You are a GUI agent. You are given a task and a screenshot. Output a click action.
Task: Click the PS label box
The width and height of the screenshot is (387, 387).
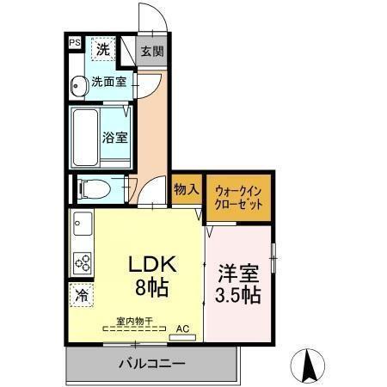(x=75, y=41)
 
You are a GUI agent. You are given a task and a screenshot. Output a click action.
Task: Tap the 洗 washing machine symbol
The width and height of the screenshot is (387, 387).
(x=102, y=50)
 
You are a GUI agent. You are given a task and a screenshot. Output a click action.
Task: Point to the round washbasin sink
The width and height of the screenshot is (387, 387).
(x=78, y=84)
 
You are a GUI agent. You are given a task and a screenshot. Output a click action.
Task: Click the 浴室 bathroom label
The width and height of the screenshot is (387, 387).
(x=114, y=136)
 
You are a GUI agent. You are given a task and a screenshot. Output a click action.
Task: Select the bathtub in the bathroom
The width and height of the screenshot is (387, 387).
(x=85, y=137)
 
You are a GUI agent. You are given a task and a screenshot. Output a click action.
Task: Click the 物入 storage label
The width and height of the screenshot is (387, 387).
(x=186, y=189)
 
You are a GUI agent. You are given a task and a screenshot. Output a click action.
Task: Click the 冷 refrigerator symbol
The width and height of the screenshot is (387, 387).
(x=80, y=294)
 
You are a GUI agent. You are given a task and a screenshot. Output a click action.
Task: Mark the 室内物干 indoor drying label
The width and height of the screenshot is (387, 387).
(x=135, y=322)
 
